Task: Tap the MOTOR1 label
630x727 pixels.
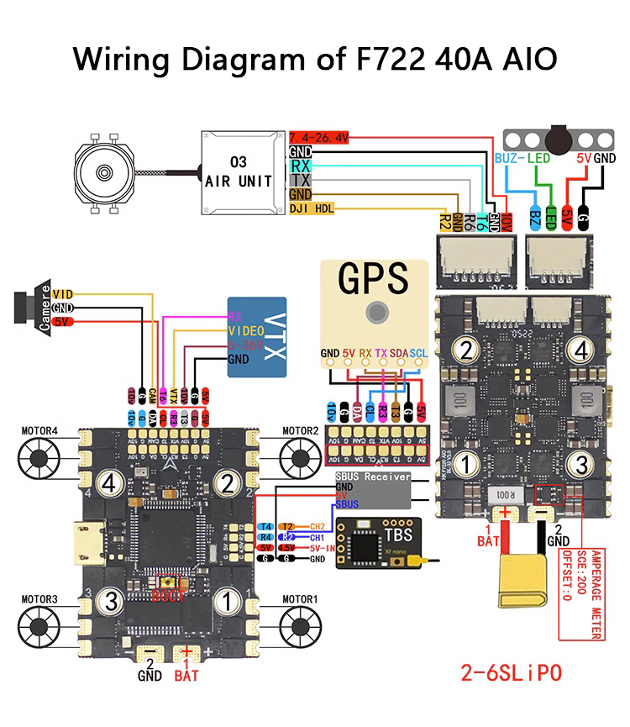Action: (300, 599)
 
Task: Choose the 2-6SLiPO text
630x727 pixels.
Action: (510, 672)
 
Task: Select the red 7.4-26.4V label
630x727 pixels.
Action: (318, 137)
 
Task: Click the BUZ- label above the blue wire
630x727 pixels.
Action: (510, 157)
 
